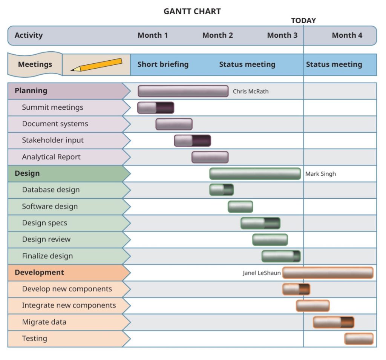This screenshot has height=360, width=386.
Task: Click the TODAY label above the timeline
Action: [303, 20]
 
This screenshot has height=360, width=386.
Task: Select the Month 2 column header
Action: [218, 35]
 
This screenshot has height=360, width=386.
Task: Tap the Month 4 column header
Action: [347, 35]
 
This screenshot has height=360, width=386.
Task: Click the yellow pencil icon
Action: [96, 65]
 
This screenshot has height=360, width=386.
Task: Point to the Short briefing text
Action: [163, 64]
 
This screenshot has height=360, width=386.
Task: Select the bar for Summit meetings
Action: [156, 107]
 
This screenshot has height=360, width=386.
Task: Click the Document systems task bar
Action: [174, 124]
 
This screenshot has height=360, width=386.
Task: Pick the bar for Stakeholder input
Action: [193, 141]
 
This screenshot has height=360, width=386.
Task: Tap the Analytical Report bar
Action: [210, 157]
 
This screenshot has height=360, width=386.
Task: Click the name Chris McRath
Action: [251, 91]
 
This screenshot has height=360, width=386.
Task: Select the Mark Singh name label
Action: [320, 174]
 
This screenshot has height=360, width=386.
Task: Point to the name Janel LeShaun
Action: [262, 273]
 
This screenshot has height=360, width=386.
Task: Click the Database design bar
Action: [222, 190]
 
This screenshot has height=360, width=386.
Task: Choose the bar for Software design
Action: [240, 207]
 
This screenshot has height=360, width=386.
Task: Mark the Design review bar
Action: [270, 240]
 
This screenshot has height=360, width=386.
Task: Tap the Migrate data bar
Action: [334, 322]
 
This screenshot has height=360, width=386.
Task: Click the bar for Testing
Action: [359, 339]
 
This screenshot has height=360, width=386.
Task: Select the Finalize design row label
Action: [47, 256]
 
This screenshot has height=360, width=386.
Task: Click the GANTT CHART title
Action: [192, 11]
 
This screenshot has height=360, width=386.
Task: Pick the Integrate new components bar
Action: [312, 306]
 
